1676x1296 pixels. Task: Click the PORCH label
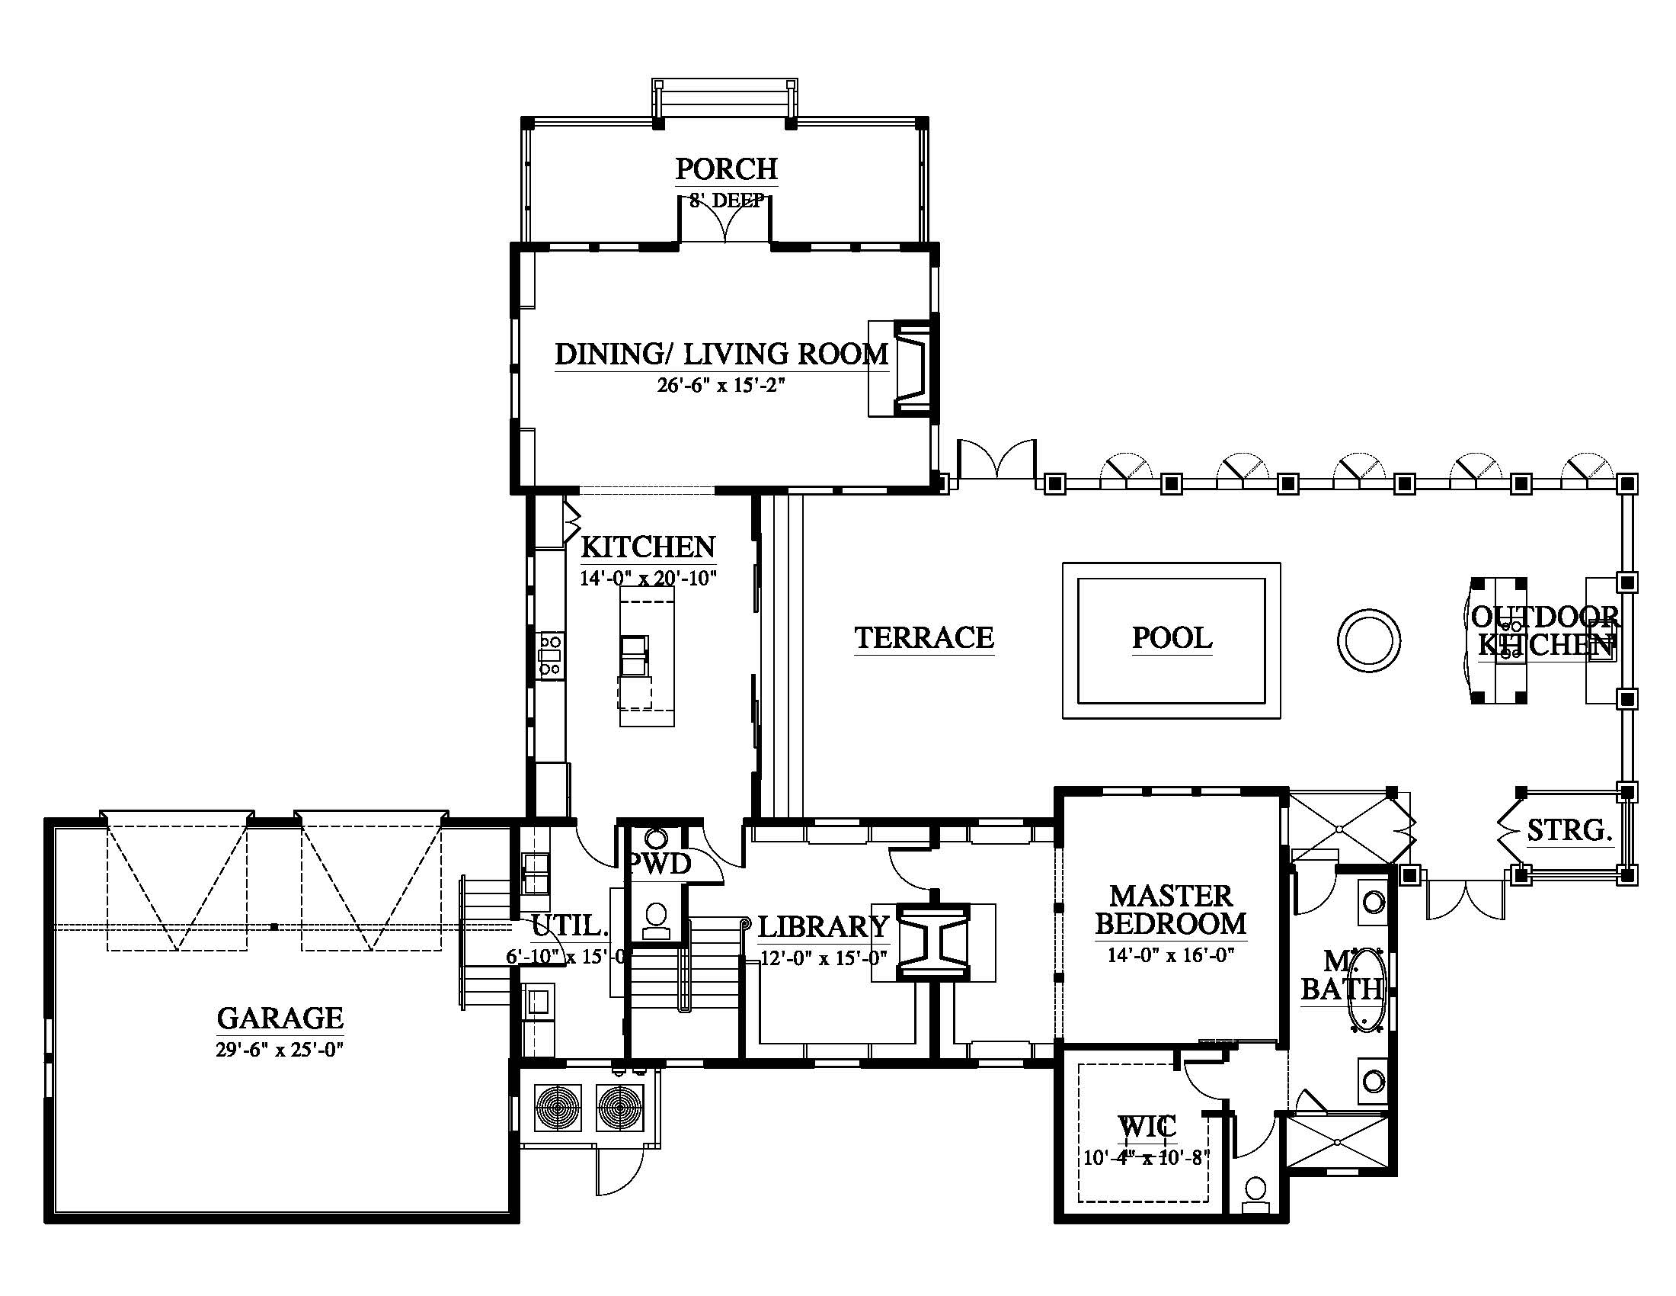726,169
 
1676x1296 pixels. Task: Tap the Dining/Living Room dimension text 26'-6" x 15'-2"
721,386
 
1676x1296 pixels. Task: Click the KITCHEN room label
648,547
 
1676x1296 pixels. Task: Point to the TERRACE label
925,638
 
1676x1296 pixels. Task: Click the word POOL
1172,638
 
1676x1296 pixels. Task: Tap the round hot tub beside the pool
1368,640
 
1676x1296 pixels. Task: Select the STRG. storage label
1569,830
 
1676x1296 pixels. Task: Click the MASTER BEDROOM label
1171,909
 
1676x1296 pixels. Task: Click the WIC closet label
1147,1127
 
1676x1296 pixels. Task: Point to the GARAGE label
280,1018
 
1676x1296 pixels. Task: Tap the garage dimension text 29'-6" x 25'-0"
280,1050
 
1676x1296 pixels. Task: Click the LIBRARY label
824,928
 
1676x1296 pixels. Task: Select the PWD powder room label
660,865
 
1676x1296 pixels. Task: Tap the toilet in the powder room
656,921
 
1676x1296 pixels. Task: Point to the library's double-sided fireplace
934,943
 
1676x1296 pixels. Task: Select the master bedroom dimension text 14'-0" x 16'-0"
1171,956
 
